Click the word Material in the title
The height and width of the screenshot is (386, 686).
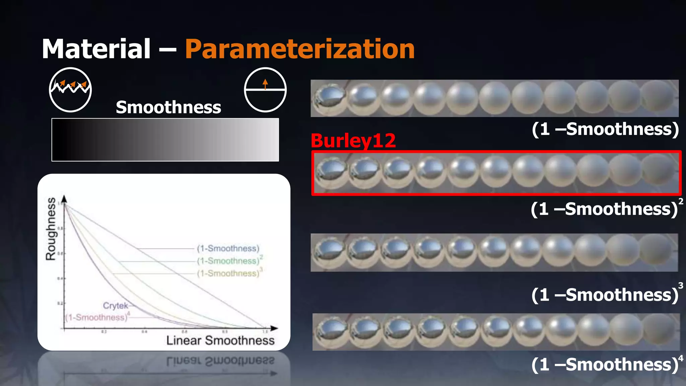[96, 49]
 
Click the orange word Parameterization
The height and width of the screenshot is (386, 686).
[300, 49]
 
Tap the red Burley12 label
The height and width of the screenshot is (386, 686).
[353, 141]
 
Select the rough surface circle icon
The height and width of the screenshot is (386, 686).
[70, 90]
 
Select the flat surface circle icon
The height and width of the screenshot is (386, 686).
[265, 90]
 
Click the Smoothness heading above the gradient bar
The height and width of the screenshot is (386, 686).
[168, 107]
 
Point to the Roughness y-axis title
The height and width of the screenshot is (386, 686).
[51, 229]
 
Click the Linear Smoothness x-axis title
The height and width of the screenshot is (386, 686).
[220, 340]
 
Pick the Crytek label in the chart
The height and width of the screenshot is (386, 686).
[115, 306]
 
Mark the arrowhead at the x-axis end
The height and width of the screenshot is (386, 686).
[274, 328]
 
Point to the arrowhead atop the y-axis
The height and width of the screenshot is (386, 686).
[64, 199]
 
